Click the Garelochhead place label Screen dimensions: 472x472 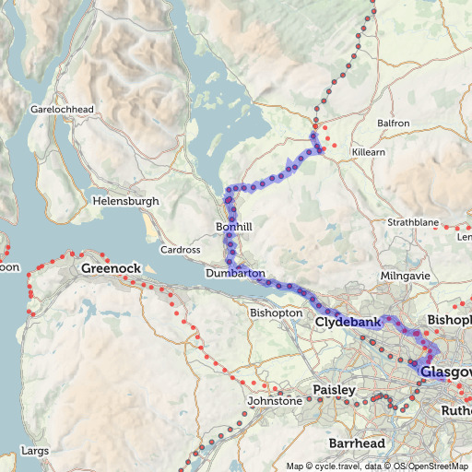[63, 109]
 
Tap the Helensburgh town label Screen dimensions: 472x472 [125, 201]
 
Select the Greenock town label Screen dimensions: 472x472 [111, 268]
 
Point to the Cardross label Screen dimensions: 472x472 [180, 250]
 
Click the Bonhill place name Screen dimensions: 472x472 [233, 227]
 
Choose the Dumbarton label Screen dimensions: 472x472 [236, 274]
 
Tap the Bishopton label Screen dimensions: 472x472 [276, 313]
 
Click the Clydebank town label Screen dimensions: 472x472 [348, 324]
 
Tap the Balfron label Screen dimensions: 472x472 [394, 123]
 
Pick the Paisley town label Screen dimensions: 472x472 [334, 390]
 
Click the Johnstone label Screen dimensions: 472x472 [275, 402]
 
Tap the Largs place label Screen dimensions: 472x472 [32, 452]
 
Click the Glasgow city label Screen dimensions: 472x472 [445, 372]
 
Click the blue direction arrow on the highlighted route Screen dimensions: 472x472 [292, 166]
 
